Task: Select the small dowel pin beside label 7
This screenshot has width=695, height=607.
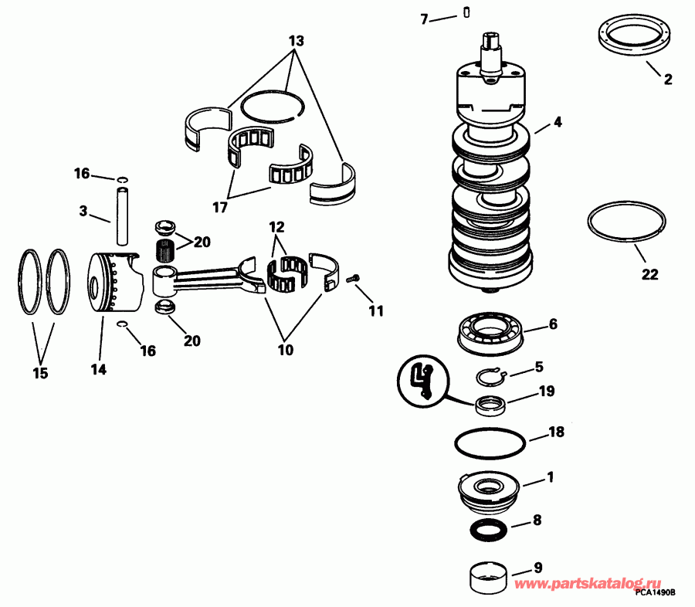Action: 467,11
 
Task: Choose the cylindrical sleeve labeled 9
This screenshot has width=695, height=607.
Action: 488,576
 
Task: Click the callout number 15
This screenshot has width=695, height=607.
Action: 40,373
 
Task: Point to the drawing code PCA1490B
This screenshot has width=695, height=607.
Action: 656,592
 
